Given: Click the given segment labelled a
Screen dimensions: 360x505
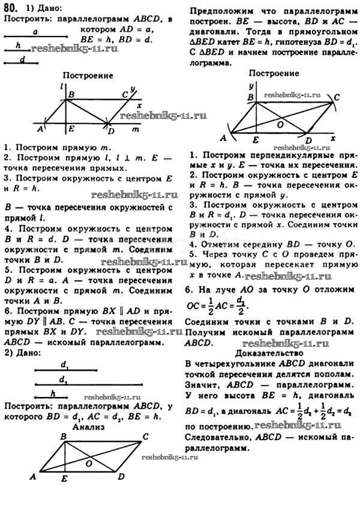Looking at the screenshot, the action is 35,37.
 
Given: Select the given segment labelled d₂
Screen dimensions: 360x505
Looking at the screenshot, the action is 88,384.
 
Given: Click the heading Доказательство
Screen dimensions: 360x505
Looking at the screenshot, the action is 269,353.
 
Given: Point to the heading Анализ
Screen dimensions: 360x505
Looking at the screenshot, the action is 88,427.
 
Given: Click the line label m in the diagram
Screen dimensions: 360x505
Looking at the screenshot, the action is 136,130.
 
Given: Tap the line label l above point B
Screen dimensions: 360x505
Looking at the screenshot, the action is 61,86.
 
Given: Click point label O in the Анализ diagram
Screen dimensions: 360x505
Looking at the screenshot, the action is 89,464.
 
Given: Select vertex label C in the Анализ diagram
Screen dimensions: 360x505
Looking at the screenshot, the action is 145,437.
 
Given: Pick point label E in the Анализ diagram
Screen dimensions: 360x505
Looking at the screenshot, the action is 64,479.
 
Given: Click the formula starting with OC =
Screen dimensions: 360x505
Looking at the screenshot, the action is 218,305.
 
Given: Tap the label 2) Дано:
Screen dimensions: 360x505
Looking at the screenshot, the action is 23,353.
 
